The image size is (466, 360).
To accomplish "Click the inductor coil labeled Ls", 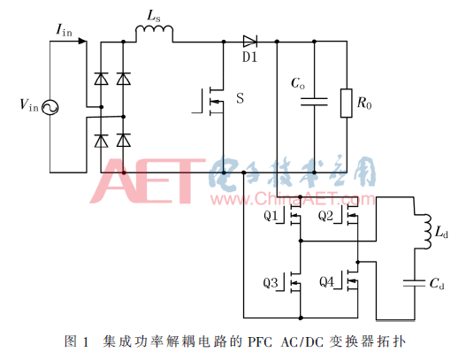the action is pyautogui.click(x=154, y=31).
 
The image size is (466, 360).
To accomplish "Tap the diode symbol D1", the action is pyautogui.click(x=250, y=42).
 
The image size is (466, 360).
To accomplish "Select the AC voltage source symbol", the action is pyautogui.click(x=50, y=108).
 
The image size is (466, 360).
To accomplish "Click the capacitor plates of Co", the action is pyautogui.click(x=314, y=102).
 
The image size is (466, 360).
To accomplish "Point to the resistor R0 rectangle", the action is pyautogui.click(x=347, y=103).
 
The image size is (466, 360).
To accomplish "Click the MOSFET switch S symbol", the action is pyautogui.click(x=211, y=101).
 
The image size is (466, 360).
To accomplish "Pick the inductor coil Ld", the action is pyautogui.click(x=425, y=232).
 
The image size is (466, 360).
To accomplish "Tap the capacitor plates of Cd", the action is pyautogui.click(x=415, y=283).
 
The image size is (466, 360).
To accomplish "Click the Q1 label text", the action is pyautogui.click(x=271, y=216).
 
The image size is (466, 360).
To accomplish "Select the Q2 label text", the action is pyautogui.click(x=325, y=216).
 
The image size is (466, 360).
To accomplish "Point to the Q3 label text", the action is pyautogui.click(x=271, y=282).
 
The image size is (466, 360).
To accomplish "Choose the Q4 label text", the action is pyautogui.click(x=327, y=281).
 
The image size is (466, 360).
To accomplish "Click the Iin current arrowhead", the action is pyautogui.click(x=82, y=41).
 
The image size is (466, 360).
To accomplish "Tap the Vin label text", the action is pyautogui.click(x=29, y=105).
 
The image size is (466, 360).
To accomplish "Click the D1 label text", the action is pyautogui.click(x=249, y=57).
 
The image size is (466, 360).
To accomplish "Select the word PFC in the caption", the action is pyautogui.click(x=260, y=341).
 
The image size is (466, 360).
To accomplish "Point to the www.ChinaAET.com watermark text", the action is pyautogui.click(x=293, y=199).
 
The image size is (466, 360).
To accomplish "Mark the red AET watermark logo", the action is pyautogui.click(x=148, y=180).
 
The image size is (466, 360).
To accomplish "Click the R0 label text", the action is pyautogui.click(x=364, y=103).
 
